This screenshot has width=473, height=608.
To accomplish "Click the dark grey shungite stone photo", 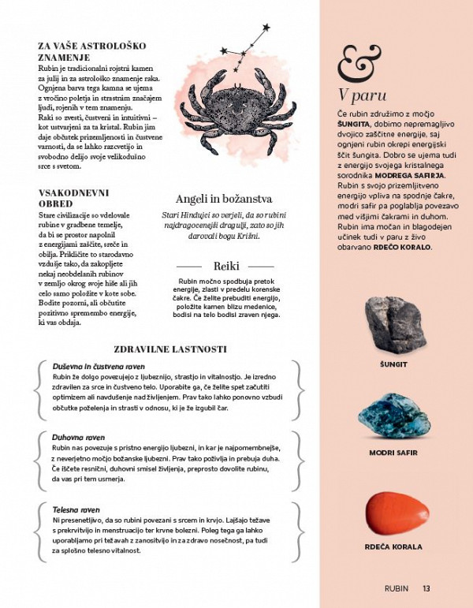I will [x=393, y=324].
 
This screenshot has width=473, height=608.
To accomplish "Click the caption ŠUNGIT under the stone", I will [x=393, y=365].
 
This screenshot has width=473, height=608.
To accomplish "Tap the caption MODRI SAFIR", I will [x=393, y=453].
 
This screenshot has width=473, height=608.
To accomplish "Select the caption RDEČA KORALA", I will [x=393, y=546].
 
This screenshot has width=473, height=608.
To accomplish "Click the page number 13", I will [x=426, y=587].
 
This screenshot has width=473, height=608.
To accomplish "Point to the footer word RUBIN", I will [x=397, y=587].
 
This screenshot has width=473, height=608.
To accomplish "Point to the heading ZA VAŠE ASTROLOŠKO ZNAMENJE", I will [x=91, y=52].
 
